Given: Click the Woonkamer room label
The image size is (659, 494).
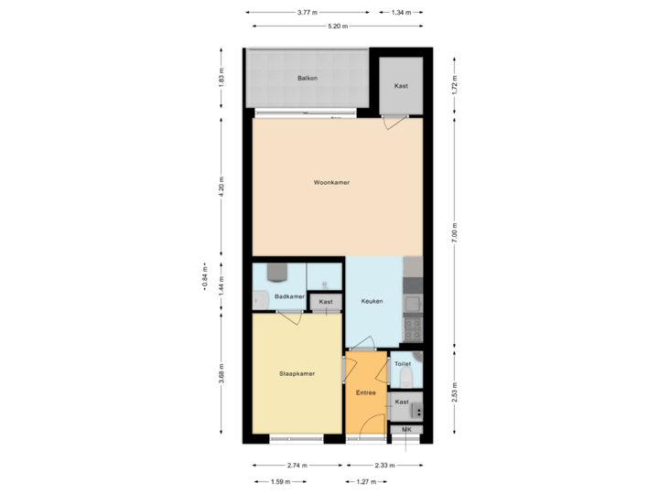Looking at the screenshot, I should [331, 183].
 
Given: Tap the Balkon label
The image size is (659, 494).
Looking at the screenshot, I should [308, 80].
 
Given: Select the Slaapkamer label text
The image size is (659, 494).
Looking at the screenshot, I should [297, 373].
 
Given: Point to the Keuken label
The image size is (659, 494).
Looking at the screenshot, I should [372, 301].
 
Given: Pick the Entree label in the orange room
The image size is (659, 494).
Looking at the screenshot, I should [366, 392].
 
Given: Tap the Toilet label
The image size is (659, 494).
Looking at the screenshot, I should [402, 363].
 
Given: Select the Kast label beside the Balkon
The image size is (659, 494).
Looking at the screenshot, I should [401, 86].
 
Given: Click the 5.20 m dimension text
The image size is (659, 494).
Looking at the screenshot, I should [338, 27].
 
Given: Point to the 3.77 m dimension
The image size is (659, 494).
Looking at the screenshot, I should [307, 13].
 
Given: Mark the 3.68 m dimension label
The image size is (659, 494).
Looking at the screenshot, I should [221, 373].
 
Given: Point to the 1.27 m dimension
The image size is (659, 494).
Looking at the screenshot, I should [365, 480].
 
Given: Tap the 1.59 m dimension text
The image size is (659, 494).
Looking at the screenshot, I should [282, 480].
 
